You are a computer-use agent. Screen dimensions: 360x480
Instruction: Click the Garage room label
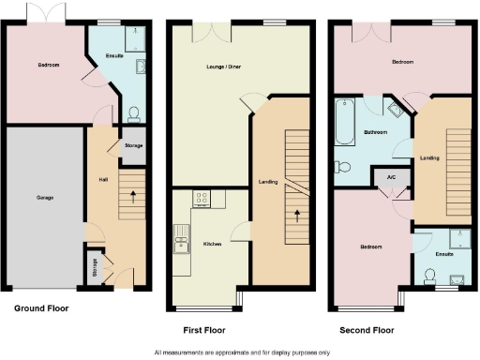pyautogui.click(x=44, y=198)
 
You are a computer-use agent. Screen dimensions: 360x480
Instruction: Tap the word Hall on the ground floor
pyautogui.click(x=102, y=179)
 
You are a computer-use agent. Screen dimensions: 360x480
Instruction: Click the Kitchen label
pyautogui.click(x=212, y=245)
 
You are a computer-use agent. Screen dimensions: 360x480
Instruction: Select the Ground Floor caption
pyautogui.click(x=41, y=307)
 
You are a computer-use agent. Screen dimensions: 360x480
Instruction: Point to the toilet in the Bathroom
pyautogui.click(x=343, y=168)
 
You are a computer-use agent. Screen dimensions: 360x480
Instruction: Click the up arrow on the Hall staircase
pyautogui.click(x=132, y=198)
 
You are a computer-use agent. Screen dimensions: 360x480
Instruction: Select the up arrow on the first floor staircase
pyautogui.click(x=297, y=215)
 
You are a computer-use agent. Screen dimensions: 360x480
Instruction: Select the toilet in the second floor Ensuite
pyautogui.click(x=430, y=275)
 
